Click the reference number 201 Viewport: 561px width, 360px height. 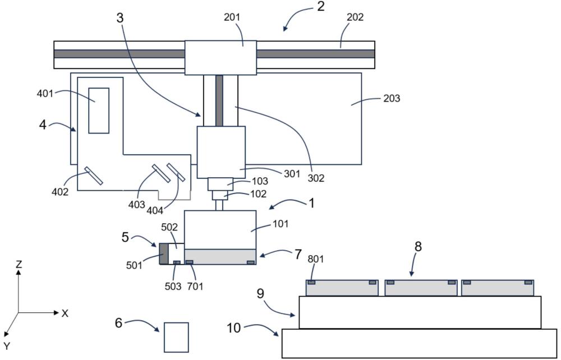pos(233,17)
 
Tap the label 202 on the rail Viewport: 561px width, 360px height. pos(355,17)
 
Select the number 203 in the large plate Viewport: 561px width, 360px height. pos(392,98)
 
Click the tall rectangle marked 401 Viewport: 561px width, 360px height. pos(99,110)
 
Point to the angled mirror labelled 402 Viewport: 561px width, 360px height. pos(94,176)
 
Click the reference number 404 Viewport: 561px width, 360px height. pos(155,211)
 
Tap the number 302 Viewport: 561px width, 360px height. pos(316,178)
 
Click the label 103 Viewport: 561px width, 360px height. pos(259,182)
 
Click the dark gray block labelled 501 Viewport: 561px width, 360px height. pos(164,253)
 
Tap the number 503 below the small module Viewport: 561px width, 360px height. pos(173,287)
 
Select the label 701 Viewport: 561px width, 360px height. pos(195,287)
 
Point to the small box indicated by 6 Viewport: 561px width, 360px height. pos(176,337)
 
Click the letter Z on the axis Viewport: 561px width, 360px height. pos(19,265)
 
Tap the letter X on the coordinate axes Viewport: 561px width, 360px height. pos(65,313)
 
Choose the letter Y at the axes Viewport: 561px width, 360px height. pos(7,345)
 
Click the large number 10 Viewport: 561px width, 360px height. pos(234,328)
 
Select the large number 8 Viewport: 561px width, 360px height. pos(418,247)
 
